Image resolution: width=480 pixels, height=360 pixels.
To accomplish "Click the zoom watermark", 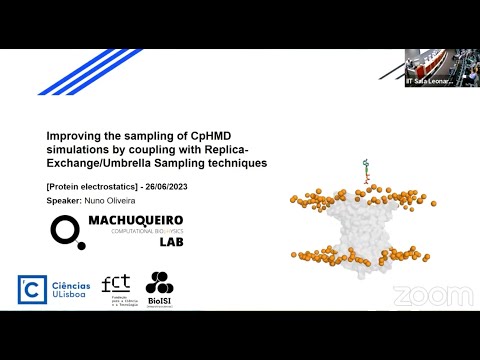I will point(433,296).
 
